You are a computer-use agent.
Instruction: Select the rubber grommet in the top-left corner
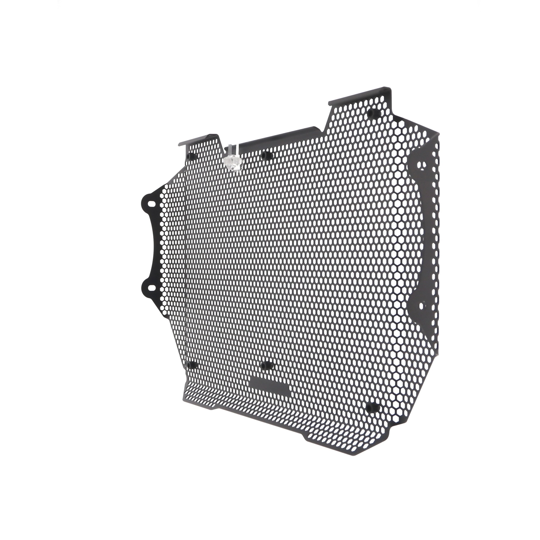[x=192, y=156]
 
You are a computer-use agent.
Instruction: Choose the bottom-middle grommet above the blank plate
[x=267, y=365]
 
